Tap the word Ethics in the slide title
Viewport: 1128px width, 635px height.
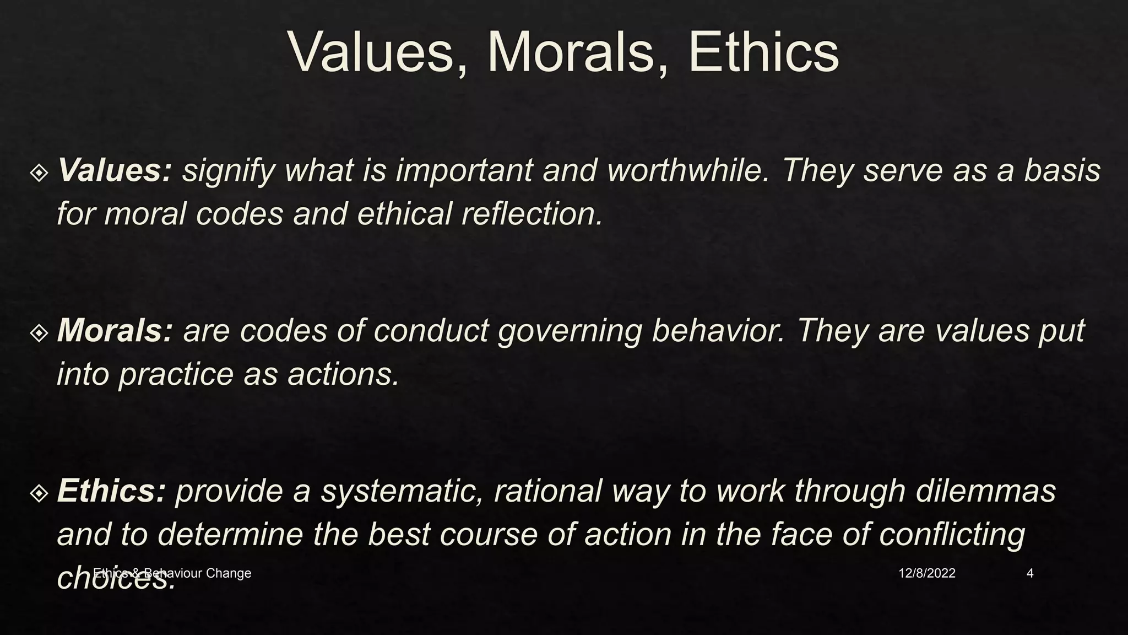pos(763,52)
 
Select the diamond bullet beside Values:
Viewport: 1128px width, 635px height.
pos(39,173)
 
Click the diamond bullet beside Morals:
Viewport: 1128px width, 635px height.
pos(39,333)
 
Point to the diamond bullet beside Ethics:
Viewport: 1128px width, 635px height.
pos(39,493)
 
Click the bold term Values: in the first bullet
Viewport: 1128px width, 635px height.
pos(115,170)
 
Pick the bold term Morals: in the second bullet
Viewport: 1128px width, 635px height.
pos(115,330)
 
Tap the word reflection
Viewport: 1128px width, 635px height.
pos(532,214)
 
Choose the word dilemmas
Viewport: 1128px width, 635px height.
pos(986,491)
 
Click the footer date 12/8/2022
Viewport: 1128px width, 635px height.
pos(927,573)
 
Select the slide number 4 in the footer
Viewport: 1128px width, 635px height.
pos(1030,573)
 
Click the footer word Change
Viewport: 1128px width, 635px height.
pos(228,573)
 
